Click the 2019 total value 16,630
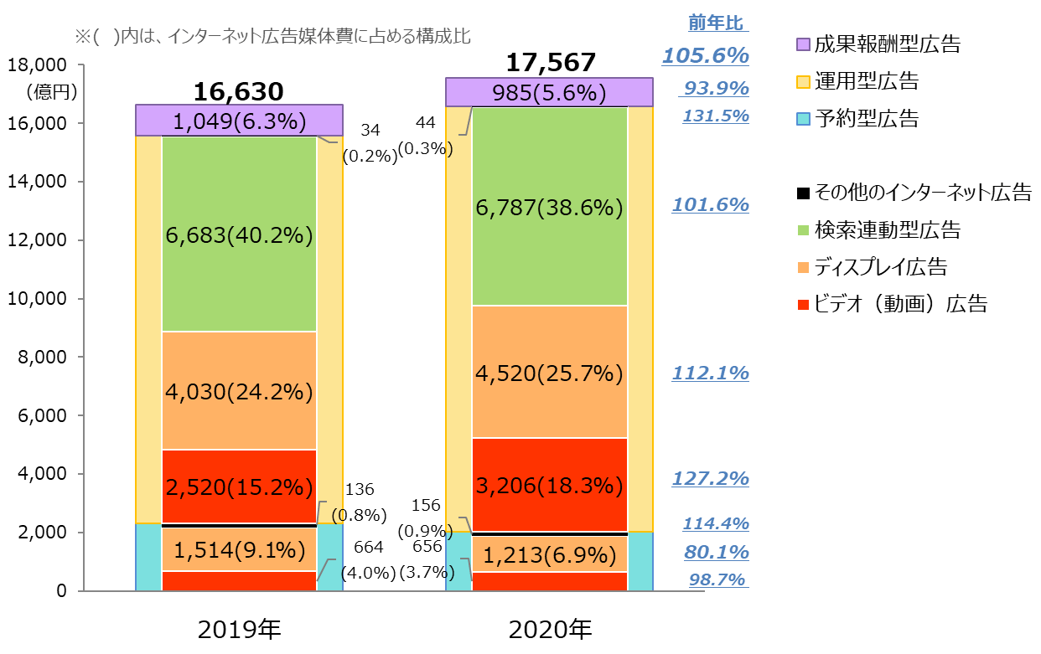tap(238, 91)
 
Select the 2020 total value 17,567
tap(550, 63)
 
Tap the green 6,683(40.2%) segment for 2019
tap(238, 236)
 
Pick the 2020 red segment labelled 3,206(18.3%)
tap(550, 486)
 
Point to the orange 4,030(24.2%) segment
tap(238, 391)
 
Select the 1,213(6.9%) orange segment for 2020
tap(550, 553)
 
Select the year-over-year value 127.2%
tap(710, 479)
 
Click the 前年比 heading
tap(717, 23)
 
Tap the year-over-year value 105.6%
tap(705, 56)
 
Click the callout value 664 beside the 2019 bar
tap(369, 548)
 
